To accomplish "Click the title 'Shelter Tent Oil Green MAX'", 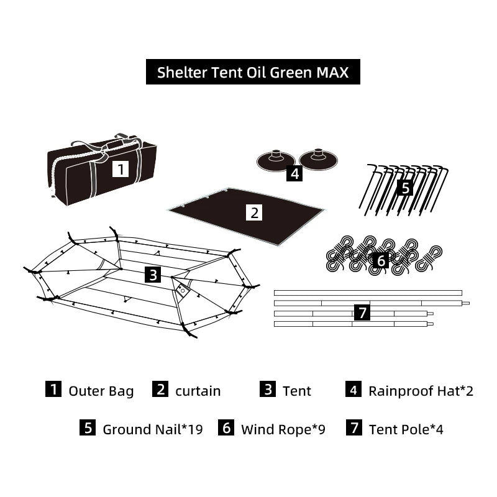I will [x=252, y=72].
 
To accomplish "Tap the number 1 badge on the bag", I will [x=121, y=168].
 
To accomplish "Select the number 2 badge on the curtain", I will [x=254, y=212].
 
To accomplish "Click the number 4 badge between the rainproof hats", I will [x=295, y=173].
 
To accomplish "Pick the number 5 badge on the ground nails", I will [x=405, y=187].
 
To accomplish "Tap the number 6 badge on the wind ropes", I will [x=381, y=260].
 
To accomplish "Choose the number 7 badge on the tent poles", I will [x=363, y=312].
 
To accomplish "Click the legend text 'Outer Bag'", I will [x=101, y=391].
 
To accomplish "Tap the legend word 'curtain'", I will [x=198, y=391].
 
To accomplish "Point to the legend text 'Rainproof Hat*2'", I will [x=421, y=391].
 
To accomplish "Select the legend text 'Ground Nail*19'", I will [x=152, y=429].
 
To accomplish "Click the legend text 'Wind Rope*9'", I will [x=283, y=429].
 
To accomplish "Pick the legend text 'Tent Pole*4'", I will [x=406, y=429].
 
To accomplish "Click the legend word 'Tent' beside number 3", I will [x=296, y=391].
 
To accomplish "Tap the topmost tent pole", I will [x=368, y=292].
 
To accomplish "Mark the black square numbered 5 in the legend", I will [x=88, y=429].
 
